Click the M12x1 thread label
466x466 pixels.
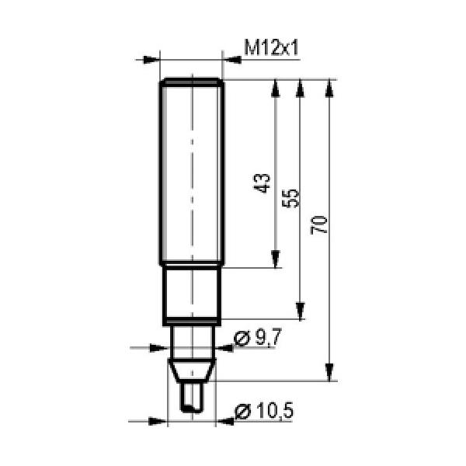coord(271,47)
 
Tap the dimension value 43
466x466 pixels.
coord(262,183)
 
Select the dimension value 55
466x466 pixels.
coord(290,197)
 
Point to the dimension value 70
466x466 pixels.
coord(319,225)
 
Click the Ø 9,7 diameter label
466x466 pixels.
coord(257,338)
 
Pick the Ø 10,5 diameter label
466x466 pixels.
coord(264,411)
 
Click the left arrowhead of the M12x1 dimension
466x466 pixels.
coord(151,60)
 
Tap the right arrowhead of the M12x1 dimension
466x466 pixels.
coord(231,60)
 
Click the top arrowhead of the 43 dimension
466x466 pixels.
coord(276,89)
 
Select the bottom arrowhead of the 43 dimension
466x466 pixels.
coord(276,259)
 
